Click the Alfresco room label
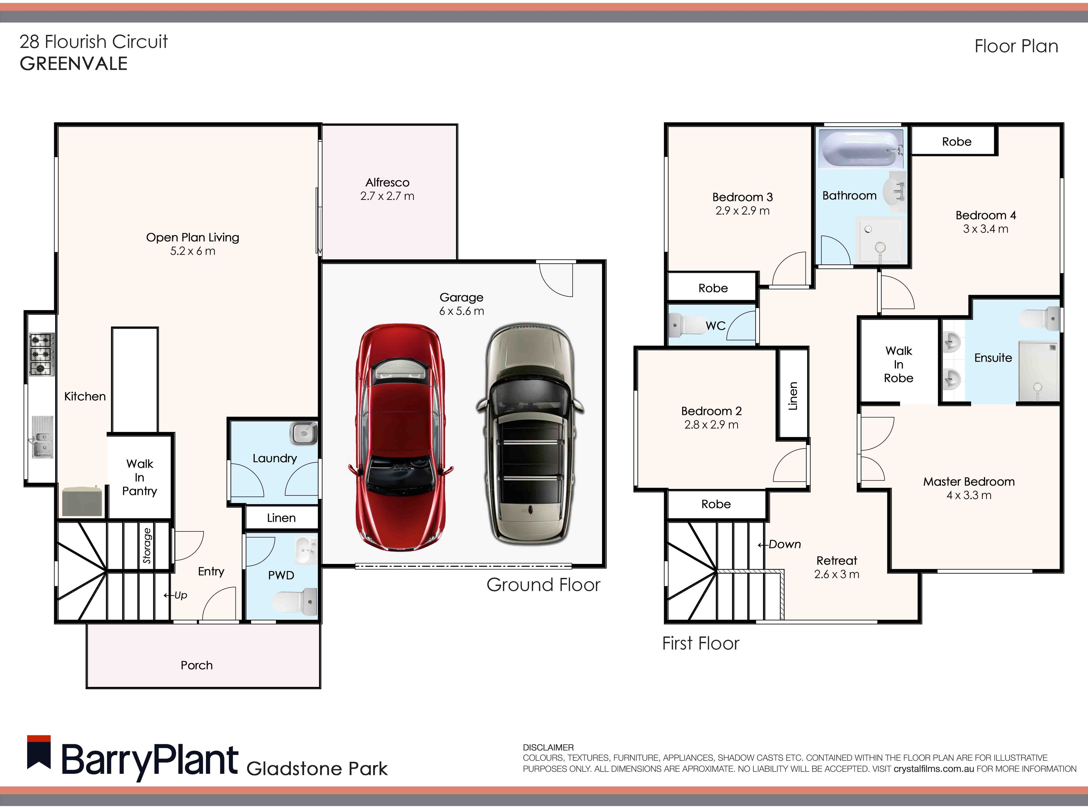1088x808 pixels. pyautogui.click(x=387, y=183)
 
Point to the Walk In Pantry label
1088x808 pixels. pyautogui.click(x=140, y=477)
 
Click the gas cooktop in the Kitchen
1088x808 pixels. pyautogui.click(x=42, y=354)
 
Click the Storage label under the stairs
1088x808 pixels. pyautogui.click(x=147, y=545)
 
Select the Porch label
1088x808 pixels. pyautogui.click(x=197, y=665)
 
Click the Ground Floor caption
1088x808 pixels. pyautogui.click(x=543, y=585)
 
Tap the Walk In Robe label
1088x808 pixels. pyautogui.click(x=898, y=364)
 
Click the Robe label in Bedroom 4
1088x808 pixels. pyautogui.click(x=957, y=142)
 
